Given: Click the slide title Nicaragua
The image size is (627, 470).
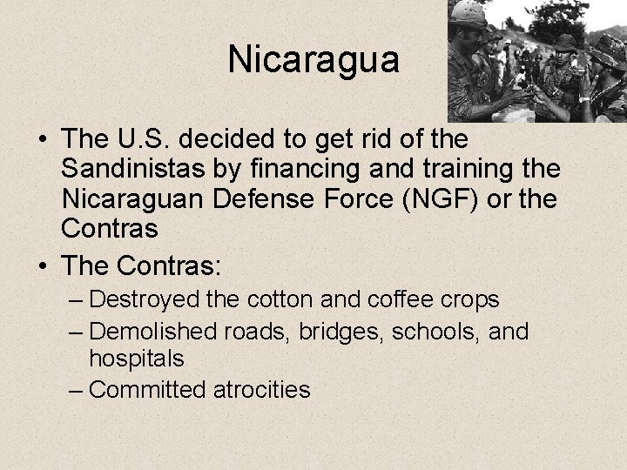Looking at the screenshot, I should coord(313,60).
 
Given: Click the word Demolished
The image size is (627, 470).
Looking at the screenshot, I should coord(154,331).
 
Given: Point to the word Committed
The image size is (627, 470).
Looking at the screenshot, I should coord(149,388).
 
